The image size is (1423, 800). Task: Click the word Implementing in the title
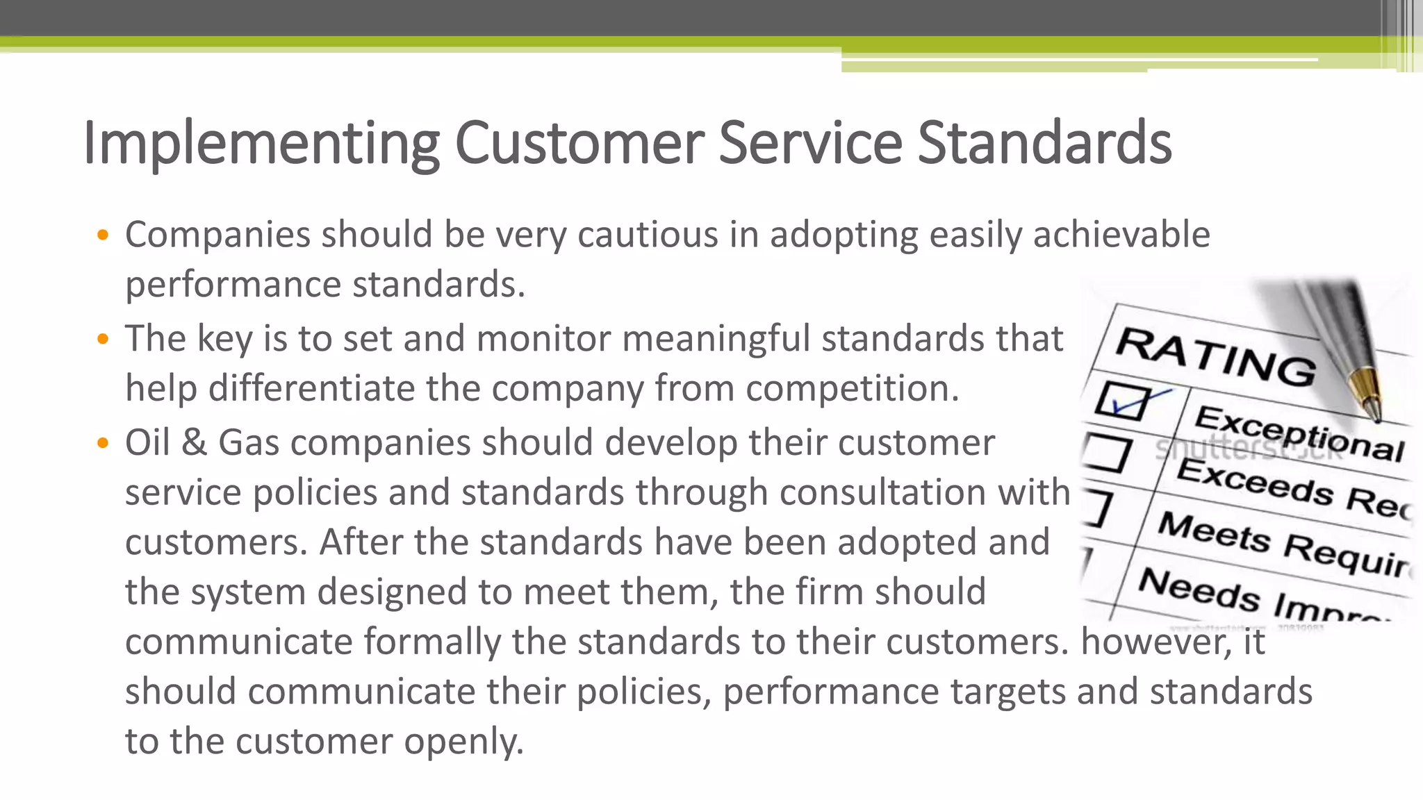261,143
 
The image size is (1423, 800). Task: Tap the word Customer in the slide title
579,143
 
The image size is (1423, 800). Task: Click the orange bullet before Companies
103,235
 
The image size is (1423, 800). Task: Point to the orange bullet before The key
103,340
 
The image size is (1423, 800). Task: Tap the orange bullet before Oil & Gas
103,443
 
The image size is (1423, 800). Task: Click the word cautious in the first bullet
648,235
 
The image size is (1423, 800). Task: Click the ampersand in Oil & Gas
194,443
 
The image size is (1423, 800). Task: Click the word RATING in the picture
1216,356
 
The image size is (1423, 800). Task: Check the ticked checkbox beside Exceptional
1121,401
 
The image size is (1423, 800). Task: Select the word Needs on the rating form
1199,588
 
